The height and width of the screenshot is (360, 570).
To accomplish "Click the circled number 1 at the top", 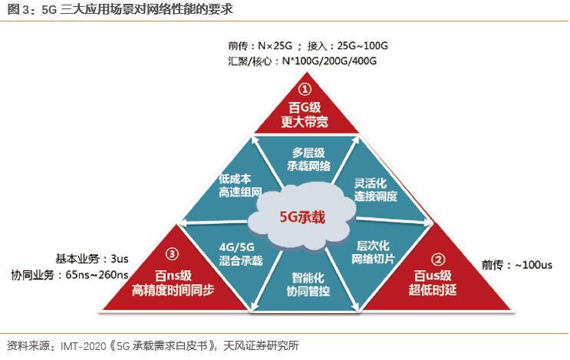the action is [305, 89].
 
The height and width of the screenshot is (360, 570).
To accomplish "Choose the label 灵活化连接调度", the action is [375, 190].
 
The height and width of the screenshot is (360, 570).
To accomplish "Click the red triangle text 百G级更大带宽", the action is [305, 113].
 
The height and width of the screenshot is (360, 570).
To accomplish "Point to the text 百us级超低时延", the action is [437, 282].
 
